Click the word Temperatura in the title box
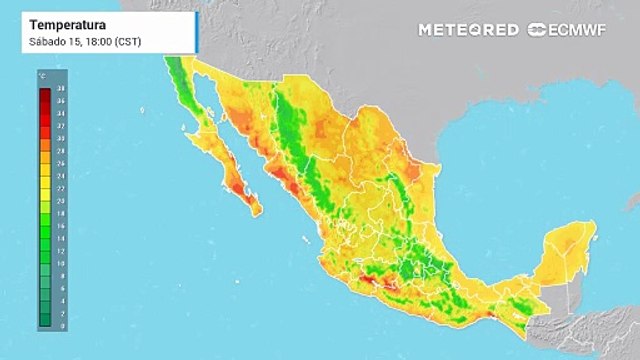click(61, 22)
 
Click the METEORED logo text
click(467, 30)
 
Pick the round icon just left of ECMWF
click(537, 30)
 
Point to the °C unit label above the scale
click(42, 76)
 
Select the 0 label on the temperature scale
click(61, 325)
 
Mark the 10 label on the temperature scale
click(61, 263)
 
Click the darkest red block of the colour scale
click(45, 93)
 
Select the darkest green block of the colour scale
click(45, 322)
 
